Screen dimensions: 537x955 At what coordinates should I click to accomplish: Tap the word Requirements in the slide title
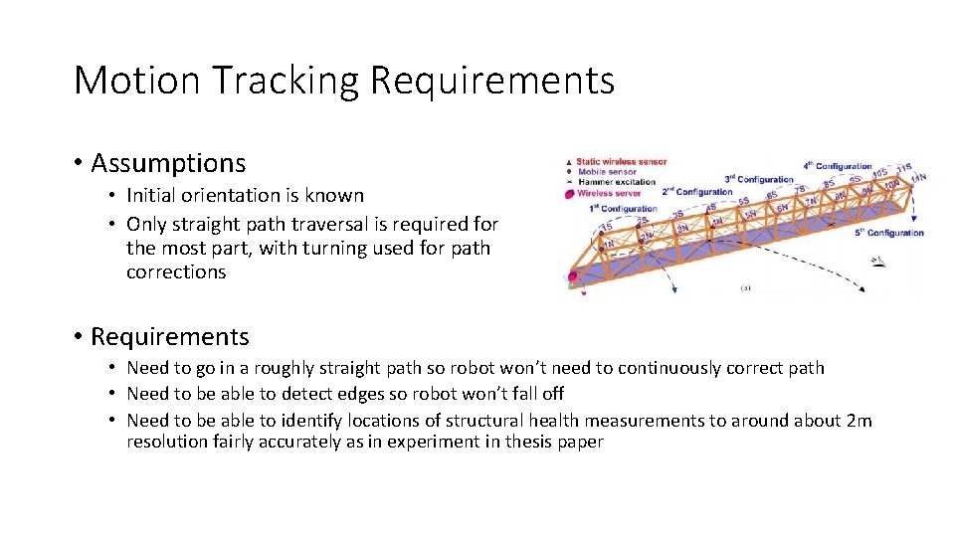(x=492, y=80)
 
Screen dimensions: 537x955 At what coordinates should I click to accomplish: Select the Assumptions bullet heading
(x=167, y=162)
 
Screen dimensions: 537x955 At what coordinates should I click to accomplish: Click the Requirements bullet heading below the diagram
(x=169, y=336)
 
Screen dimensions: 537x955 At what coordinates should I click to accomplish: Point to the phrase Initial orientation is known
(x=245, y=195)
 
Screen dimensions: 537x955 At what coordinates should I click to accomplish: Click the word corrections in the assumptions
(x=176, y=271)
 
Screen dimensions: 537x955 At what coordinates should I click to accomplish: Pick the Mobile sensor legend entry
(x=609, y=171)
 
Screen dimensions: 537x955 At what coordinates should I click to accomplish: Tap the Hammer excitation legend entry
(x=616, y=182)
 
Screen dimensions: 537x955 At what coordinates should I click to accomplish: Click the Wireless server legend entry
(x=609, y=193)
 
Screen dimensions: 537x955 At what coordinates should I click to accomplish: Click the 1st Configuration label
(x=623, y=209)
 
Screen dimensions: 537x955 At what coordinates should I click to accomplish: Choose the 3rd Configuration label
(x=759, y=179)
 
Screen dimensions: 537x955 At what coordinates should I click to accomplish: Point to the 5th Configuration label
(x=888, y=233)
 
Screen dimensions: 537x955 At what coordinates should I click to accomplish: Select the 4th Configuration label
(x=837, y=166)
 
